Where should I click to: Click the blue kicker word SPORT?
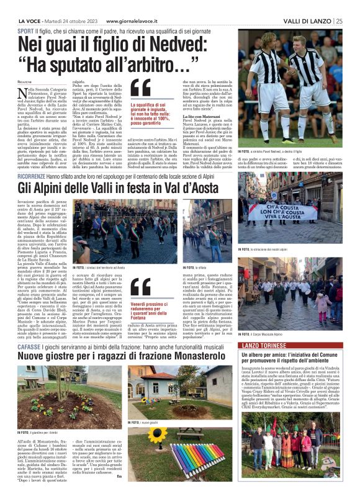pyautogui.click(x=25, y=30)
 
